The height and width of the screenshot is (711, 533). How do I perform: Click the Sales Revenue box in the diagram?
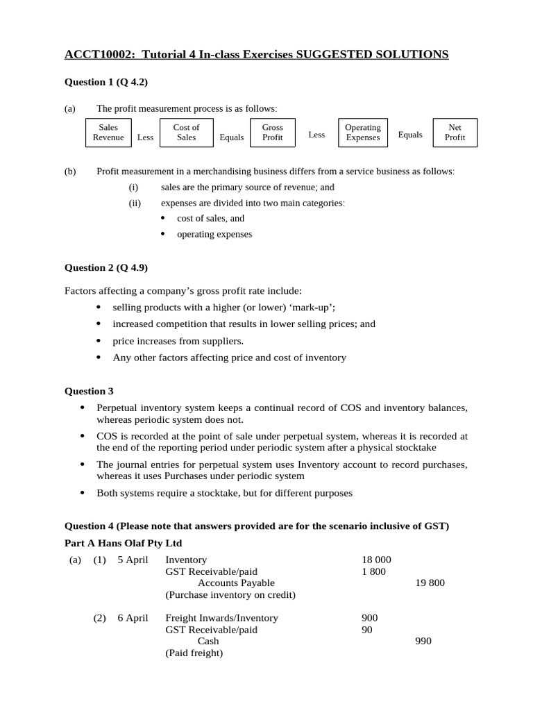pyautogui.click(x=108, y=133)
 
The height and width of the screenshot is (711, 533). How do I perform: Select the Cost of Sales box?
pyautogui.click(x=186, y=133)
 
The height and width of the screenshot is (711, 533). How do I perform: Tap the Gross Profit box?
pyautogui.click(x=272, y=133)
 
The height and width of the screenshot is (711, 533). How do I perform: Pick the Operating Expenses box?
pyautogui.click(x=362, y=133)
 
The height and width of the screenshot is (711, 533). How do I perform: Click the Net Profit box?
pyautogui.click(x=455, y=133)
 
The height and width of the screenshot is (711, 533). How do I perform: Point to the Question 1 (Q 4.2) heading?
pyautogui.click(x=106, y=82)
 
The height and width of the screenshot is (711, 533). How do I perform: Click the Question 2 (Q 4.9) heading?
pyautogui.click(x=106, y=267)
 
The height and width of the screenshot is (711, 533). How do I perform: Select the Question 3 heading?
pyautogui.click(x=89, y=392)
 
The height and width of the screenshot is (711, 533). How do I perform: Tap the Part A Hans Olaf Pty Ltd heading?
pyautogui.click(x=124, y=543)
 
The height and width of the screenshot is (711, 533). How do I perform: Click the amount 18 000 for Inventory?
pyautogui.click(x=376, y=560)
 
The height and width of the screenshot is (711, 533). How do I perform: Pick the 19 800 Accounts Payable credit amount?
pyautogui.click(x=430, y=583)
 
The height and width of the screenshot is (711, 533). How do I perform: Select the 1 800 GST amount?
pyautogui.click(x=374, y=571)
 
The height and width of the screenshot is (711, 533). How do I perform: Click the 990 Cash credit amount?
pyautogui.click(x=423, y=641)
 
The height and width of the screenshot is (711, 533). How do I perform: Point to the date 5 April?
pyautogui.click(x=133, y=560)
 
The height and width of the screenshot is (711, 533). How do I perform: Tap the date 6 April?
pyautogui.click(x=133, y=618)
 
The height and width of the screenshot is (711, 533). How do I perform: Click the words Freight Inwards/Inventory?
pyautogui.click(x=221, y=618)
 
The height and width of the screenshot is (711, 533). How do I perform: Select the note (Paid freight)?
pyautogui.click(x=194, y=653)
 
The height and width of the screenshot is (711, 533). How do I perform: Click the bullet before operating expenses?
pyautogui.click(x=163, y=235)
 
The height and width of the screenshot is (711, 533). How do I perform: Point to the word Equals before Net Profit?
pyautogui.click(x=410, y=135)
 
